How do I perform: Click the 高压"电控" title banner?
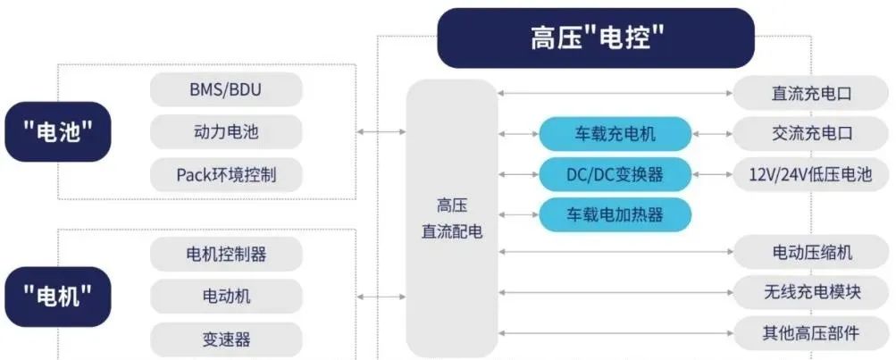[x=596, y=38]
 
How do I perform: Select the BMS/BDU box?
[x=226, y=89]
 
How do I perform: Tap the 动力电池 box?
[x=226, y=132]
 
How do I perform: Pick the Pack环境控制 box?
[x=226, y=174]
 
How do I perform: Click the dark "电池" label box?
[x=58, y=132]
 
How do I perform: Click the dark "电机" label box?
[x=58, y=297]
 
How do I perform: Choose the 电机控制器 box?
[x=226, y=254]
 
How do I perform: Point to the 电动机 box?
[x=226, y=296]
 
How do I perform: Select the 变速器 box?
[x=226, y=339]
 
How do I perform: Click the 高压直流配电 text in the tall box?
[x=452, y=218]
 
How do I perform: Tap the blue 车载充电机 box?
[x=615, y=134]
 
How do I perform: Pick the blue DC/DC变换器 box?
[x=615, y=174]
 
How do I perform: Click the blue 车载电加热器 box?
[x=615, y=215]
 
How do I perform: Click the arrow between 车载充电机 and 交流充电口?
[x=713, y=134]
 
